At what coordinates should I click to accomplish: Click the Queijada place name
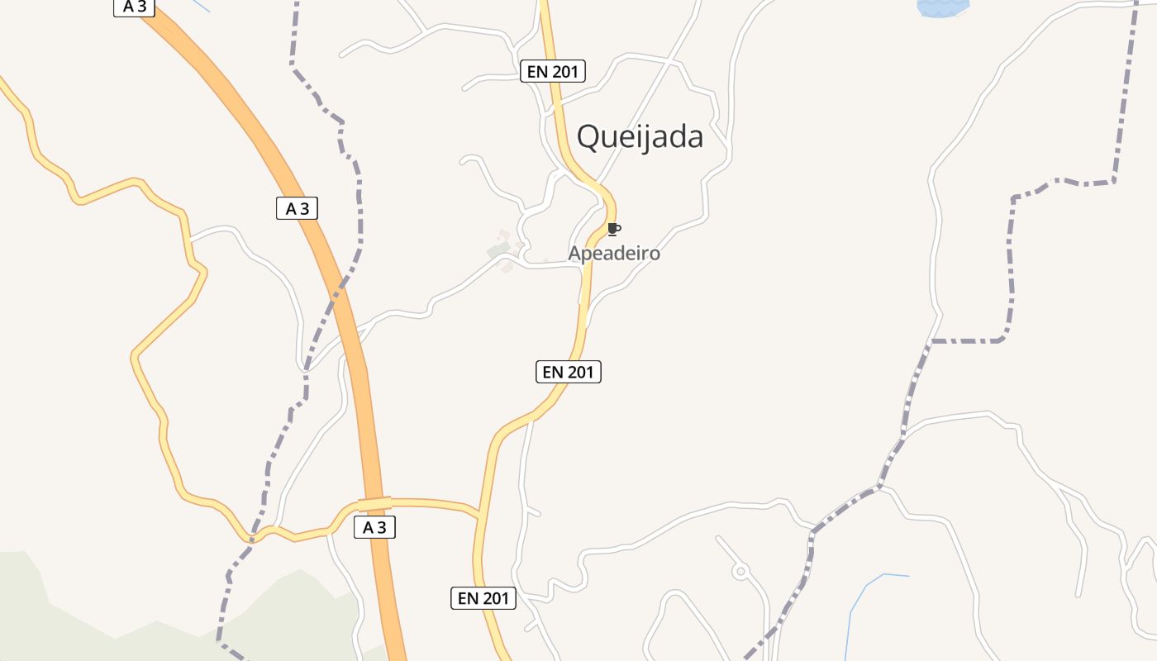pyautogui.click(x=640, y=137)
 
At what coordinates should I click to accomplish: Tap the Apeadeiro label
pyautogui.click(x=614, y=253)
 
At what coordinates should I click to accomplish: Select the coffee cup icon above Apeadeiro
pyautogui.click(x=612, y=229)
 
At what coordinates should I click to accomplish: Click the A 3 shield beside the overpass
pyautogui.click(x=374, y=527)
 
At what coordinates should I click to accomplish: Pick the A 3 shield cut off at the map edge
pyautogui.click(x=134, y=7)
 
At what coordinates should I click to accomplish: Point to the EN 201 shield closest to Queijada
pyautogui.click(x=553, y=72)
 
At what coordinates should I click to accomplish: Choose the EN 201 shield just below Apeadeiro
pyautogui.click(x=569, y=372)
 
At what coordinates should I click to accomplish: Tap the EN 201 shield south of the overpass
pyautogui.click(x=483, y=598)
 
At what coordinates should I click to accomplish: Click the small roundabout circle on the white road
pyautogui.click(x=740, y=570)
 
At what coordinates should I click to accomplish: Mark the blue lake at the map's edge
pyautogui.click(x=942, y=8)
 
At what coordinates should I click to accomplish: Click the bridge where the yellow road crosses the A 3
pyautogui.click(x=374, y=503)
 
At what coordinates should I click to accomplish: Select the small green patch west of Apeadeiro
pyautogui.click(x=498, y=249)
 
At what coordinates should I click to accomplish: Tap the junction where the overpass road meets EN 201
pyautogui.click(x=479, y=513)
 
